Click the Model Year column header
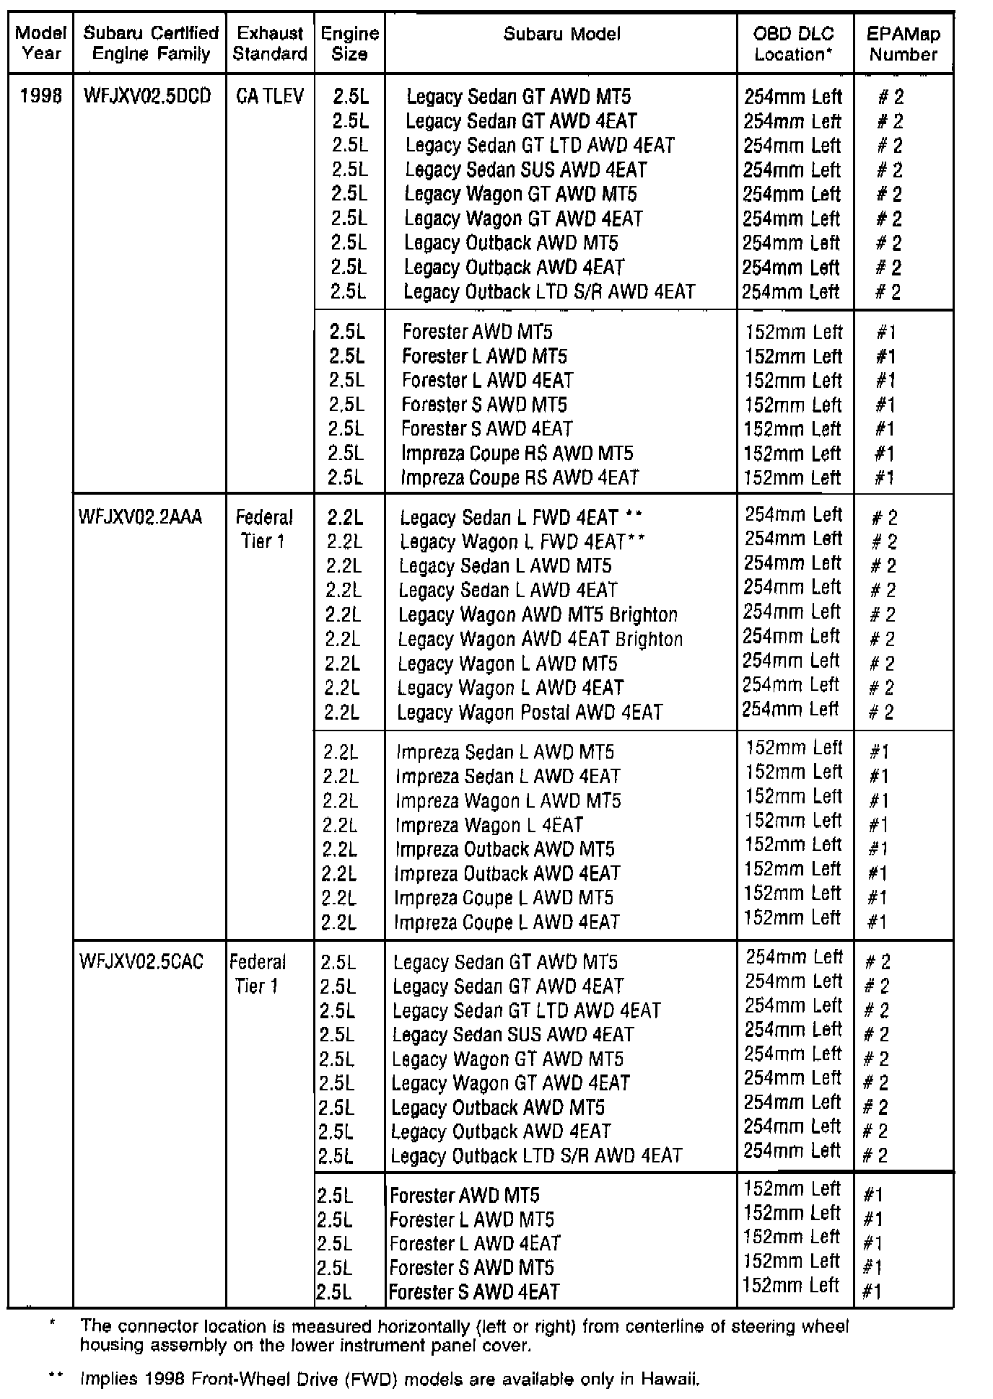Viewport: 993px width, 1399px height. pos(40,43)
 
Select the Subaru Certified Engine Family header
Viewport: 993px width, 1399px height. pos(151,43)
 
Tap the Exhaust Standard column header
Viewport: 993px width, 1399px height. pos(270,43)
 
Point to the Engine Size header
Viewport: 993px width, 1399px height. pos(349,43)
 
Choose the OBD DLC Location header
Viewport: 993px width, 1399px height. pos(793,43)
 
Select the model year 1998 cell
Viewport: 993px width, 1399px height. pos(41,96)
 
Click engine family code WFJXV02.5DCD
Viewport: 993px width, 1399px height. pos(147,96)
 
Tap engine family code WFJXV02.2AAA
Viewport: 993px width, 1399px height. pos(141,517)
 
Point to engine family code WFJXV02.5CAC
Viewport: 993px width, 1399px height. pos(141,961)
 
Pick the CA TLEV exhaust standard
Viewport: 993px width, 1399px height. pos(270,96)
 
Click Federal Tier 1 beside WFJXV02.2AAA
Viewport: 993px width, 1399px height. pos(263,529)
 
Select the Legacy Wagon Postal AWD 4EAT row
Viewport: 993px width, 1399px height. pos(529,712)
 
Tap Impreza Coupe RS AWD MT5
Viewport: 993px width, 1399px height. pos(517,454)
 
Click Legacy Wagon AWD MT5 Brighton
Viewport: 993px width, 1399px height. pos(538,615)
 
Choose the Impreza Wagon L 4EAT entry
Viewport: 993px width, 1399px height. pos(489,825)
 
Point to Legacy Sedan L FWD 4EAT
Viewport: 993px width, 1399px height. pos(509,518)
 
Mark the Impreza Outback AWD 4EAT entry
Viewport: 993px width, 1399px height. pos(507,874)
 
